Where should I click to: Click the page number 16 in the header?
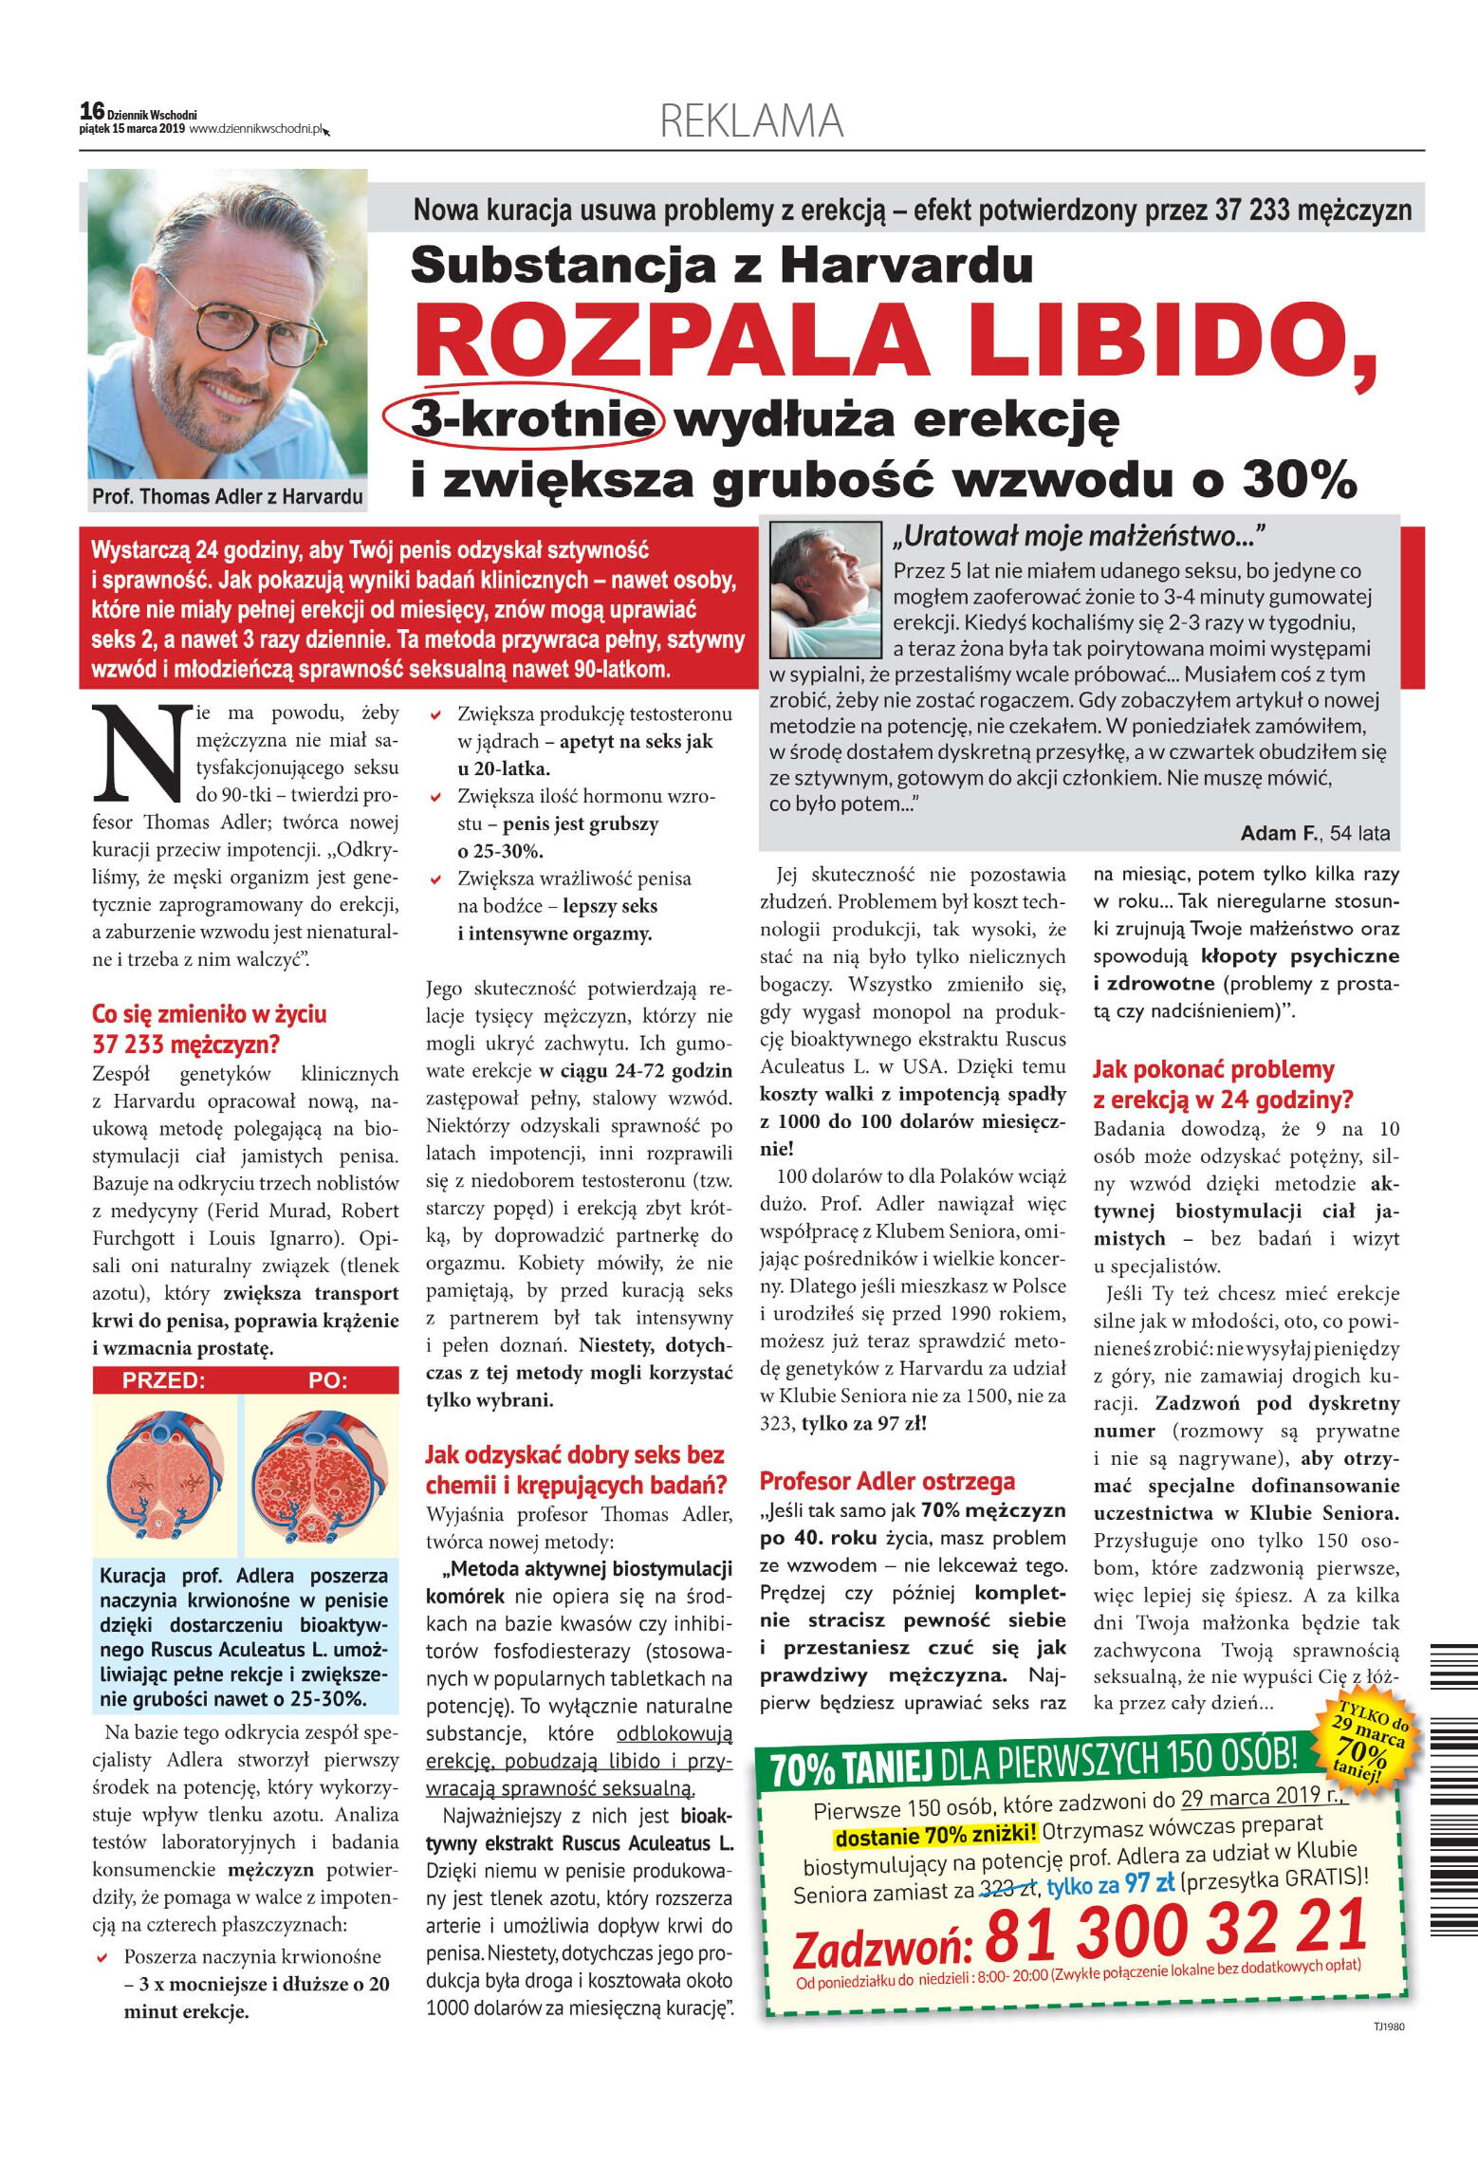click(x=92, y=111)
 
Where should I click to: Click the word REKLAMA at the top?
click(x=751, y=121)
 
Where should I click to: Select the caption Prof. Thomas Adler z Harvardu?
click(x=227, y=496)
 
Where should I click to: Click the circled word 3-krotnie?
click(x=523, y=418)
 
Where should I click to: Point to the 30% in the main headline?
click(x=1299, y=479)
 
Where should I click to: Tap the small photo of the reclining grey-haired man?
click(x=825, y=589)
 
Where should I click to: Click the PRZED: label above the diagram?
click(x=163, y=1380)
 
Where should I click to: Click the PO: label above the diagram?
click(x=328, y=1380)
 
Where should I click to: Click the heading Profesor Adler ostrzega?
click(x=886, y=1481)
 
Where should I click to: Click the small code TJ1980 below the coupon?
click(x=1388, y=2026)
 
